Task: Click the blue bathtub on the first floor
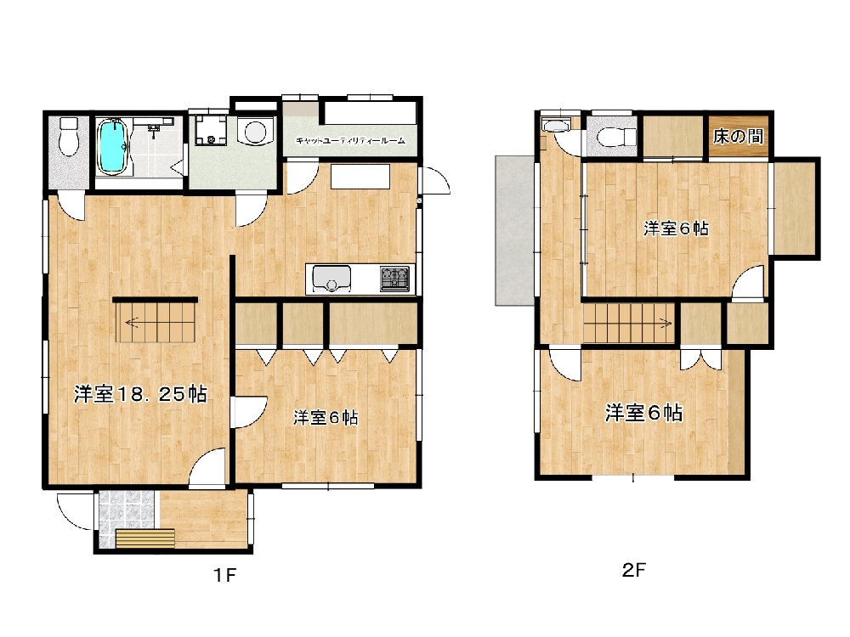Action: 113,147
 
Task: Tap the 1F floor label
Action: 224,575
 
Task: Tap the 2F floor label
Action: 634,569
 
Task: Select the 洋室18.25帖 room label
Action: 141,394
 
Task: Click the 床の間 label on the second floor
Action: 738,137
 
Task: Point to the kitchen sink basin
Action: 331,279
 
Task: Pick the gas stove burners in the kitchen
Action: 394,279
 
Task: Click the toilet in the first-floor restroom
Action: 69,137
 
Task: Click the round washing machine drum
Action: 255,131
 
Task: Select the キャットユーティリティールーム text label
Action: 350,141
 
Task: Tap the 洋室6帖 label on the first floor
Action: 326,418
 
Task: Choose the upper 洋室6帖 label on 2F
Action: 676,228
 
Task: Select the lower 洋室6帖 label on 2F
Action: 643,413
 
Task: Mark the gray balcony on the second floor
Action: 515,231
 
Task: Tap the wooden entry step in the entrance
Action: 145,538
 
